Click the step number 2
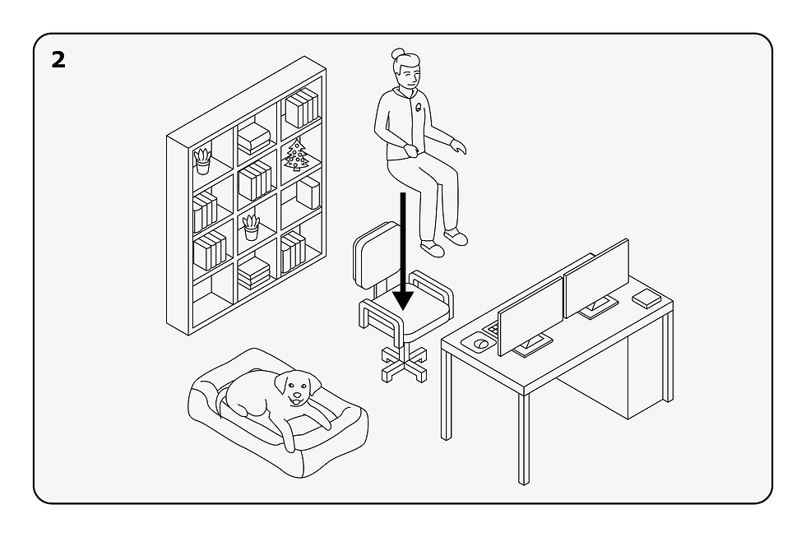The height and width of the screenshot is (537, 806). pyautogui.click(x=58, y=59)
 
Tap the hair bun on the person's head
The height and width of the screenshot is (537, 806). pyautogui.click(x=397, y=53)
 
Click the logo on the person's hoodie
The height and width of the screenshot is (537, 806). pyautogui.click(x=419, y=108)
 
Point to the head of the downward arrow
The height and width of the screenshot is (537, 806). pyautogui.click(x=403, y=301)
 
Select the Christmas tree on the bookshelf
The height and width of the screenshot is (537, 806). pyautogui.click(x=297, y=155)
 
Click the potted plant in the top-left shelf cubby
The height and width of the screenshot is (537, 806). pyautogui.click(x=202, y=161)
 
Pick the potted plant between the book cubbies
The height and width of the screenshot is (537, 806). pyautogui.click(x=251, y=228)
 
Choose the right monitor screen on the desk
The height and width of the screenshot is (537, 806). pyautogui.click(x=596, y=278)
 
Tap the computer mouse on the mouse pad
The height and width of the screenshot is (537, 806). pyautogui.click(x=481, y=343)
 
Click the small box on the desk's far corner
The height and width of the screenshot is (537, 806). pyautogui.click(x=646, y=299)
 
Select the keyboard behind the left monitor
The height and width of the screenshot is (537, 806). pyautogui.click(x=492, y=328)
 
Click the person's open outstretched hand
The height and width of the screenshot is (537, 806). pyautogui.click(x=458, y=146)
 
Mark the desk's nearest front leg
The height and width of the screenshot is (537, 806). pyautogui.click(x=523, y=439)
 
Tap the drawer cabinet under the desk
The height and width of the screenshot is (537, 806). pyautogui.click(x=607, y=375)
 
